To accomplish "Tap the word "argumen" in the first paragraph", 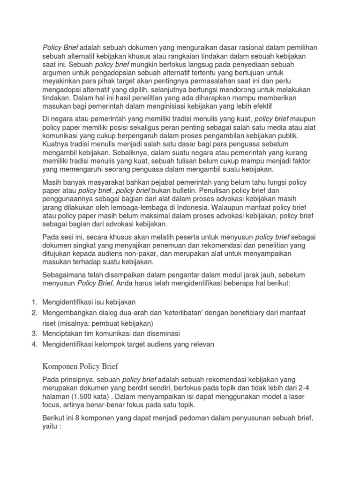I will (58, 73).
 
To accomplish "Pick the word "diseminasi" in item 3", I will (163, 334).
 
